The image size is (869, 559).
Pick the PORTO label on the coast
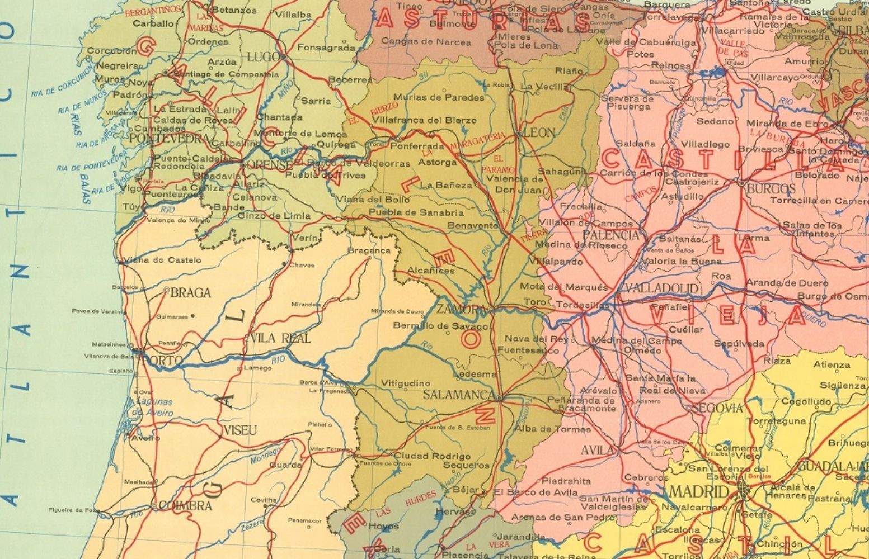tap(163, 361)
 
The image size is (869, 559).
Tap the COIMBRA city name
tap(185, 506)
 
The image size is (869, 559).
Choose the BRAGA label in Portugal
tap(191, 292)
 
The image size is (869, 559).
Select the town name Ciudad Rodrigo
tap(433, 456)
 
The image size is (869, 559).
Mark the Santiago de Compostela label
tap(226, 74)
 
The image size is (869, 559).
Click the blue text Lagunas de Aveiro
tap(153, 407)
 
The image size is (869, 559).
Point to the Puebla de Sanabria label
tap(416, 213)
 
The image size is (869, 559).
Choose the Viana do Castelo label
tap(162, 260)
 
